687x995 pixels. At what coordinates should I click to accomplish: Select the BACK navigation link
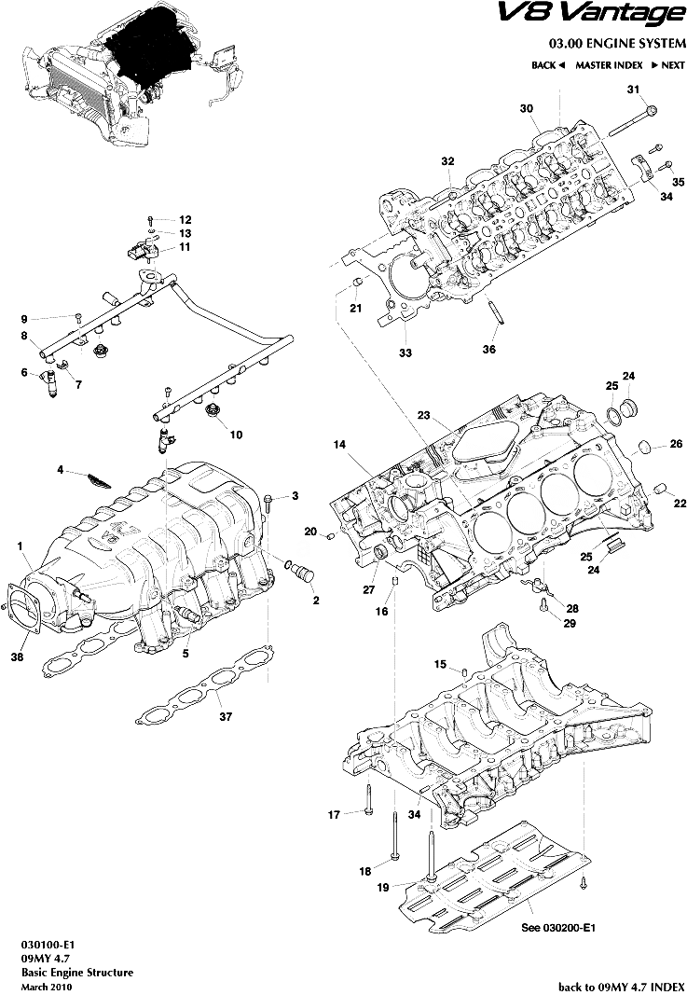pos(548,65)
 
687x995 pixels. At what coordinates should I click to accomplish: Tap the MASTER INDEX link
pos(608,65)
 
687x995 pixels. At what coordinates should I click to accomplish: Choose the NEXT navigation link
pos(667,65)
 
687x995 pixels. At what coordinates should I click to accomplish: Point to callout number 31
pos(634,90)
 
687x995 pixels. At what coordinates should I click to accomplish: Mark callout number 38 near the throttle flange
pos(16,656)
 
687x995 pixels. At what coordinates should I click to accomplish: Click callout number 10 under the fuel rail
pos(235,435)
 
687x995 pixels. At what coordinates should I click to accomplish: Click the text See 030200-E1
pos(558,929)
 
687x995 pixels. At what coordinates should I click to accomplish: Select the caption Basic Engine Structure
pos(76,973)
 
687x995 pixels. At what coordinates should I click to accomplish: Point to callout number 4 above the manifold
pos(60,471)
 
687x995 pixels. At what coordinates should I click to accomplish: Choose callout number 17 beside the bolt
pos(333,815)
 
